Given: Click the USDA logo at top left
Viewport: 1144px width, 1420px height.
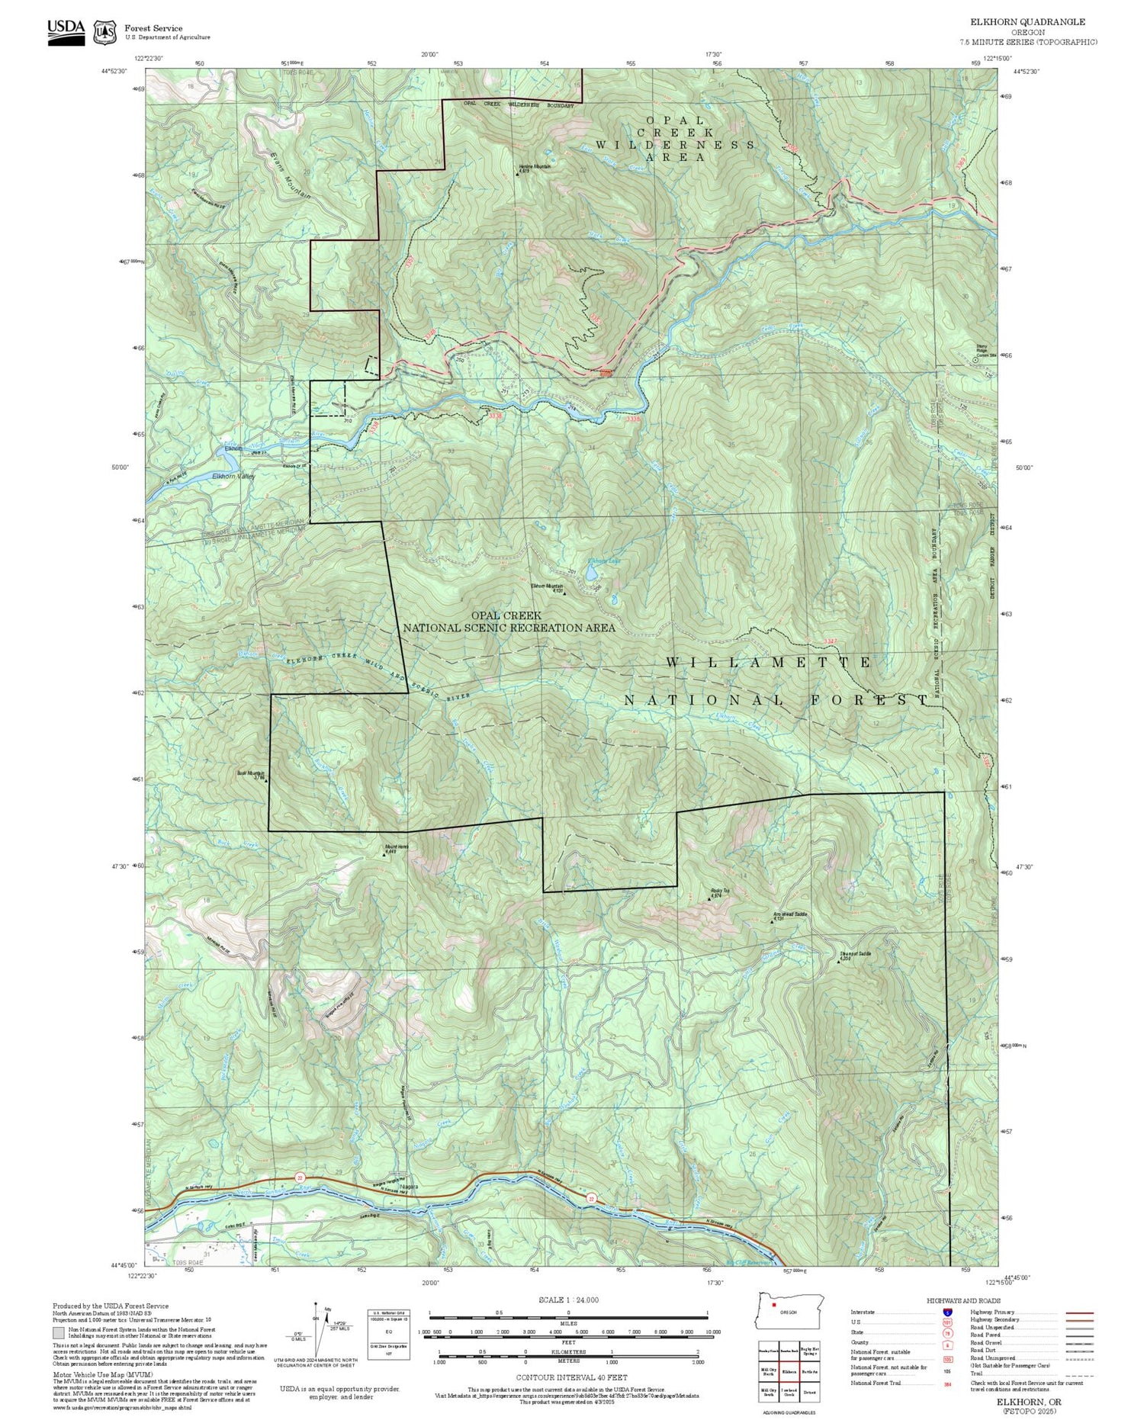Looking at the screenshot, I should click(66, 31).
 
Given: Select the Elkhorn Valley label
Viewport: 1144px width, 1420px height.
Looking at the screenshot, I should click(233, 477).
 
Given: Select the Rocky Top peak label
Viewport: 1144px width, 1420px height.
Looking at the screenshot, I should click(720, 892).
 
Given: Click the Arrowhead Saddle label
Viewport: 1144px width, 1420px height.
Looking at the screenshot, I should click(789, 914).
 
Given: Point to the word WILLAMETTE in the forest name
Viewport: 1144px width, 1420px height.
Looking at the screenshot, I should click(768, 663).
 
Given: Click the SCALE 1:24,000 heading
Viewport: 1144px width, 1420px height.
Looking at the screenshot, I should click(568, 1300).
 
